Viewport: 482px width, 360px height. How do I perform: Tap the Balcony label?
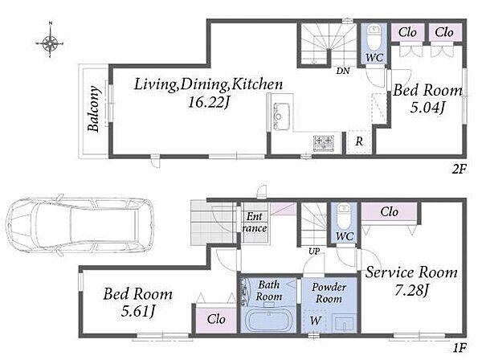[x=93, y=108]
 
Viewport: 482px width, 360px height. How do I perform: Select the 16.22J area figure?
[x=209, y=103]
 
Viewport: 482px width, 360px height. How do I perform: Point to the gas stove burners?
[x=324, y=143]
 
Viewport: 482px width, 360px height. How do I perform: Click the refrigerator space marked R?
[x=359, y=141]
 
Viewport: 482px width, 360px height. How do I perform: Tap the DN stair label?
[x=343, y=71]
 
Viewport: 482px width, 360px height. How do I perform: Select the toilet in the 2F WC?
[x=374, y=38]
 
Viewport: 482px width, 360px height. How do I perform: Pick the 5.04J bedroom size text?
[x=428, y=108]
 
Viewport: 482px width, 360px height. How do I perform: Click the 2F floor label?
[x=460, y=169]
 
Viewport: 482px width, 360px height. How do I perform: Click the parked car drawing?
[x=80, y=225]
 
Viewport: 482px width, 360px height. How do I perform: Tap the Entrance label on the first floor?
[x=255, y=223]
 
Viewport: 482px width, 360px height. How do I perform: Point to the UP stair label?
[x=314, y=252]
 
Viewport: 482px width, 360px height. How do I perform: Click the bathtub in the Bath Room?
[x=268, y=321]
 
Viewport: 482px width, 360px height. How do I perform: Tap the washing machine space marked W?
[x=315, y=321]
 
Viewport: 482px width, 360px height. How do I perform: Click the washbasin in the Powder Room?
[x=345, y=323]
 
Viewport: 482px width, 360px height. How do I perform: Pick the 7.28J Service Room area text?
[x=411, y=291]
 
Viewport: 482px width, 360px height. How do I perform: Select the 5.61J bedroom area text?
[x=137, y=312]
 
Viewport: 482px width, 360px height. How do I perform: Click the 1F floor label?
[x=460, y=348]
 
